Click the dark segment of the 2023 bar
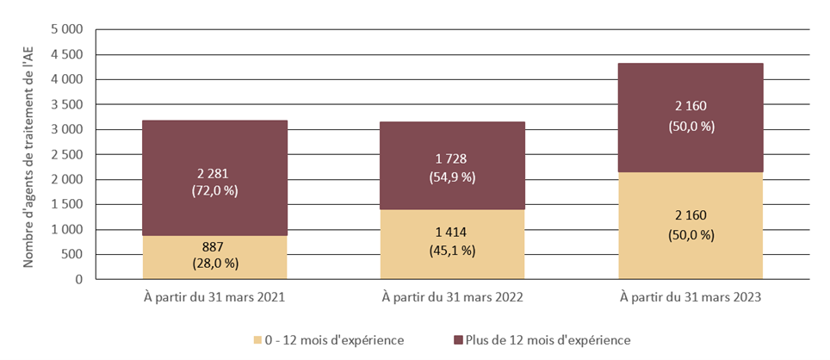(691, 95)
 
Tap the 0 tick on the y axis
(77, 279)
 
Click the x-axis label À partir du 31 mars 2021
(214, 298)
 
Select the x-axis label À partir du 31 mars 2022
(452, 298)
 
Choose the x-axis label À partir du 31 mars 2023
(691, 298)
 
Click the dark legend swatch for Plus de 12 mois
(457, 339)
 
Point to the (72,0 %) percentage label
(214, 191)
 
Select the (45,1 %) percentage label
(452, 251)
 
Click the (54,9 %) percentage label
(452, 177)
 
